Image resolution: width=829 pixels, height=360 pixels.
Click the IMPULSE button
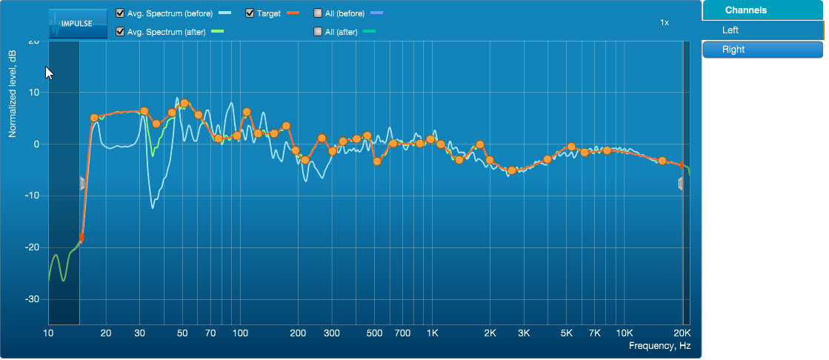coord(71,23)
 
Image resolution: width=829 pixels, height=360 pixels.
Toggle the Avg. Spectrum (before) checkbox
coord(120,13)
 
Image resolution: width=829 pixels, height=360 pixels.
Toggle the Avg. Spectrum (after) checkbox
coord(120,31)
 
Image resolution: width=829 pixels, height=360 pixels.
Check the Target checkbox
coord(250,13)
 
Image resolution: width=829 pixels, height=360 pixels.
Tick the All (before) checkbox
coord(318,13)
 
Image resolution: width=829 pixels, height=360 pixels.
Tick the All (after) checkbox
coord(318,31)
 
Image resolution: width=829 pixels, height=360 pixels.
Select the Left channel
coord(762,30)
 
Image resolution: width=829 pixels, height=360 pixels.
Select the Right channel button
coord(762,50)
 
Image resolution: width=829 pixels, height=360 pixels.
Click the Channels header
coord(762,10)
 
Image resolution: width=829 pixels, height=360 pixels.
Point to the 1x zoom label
coord(665,23)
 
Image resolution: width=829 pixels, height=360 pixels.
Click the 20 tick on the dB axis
coord(33,41)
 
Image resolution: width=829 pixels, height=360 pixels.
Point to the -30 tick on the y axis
coord(30,299)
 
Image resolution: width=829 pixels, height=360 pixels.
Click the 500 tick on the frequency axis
coord(374,333)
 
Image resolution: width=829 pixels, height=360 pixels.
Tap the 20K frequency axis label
coord(682,333)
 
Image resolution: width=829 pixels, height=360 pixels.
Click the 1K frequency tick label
coord(432,333)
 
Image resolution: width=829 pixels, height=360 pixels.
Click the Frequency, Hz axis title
coord(659,346)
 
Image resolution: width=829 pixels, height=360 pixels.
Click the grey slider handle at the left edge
coord(83,184)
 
